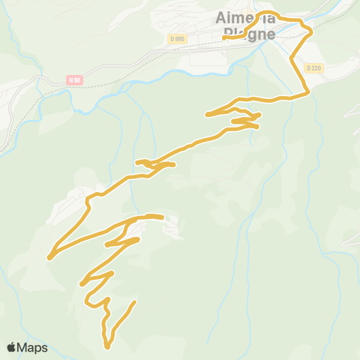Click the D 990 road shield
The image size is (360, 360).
tap(176, 39)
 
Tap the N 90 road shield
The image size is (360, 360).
tap(73, 79)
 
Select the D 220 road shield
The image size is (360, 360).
tap(313, 67)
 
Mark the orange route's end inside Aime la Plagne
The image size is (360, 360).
tap(224, 37)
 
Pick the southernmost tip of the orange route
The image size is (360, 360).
tap(108, 347)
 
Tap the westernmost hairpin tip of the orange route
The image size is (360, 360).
tap(49, 258)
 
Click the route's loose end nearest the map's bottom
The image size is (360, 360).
tap(135, 302)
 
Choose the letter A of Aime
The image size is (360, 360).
tap(221, 17)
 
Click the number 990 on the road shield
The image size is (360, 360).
tap(178, 39)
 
